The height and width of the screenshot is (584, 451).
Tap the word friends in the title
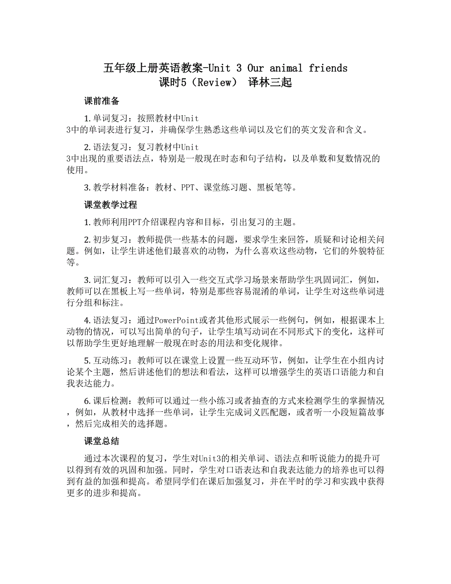[328, 68]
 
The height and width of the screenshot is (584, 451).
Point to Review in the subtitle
[212, 82]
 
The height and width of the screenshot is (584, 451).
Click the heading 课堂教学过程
[110, 204]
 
